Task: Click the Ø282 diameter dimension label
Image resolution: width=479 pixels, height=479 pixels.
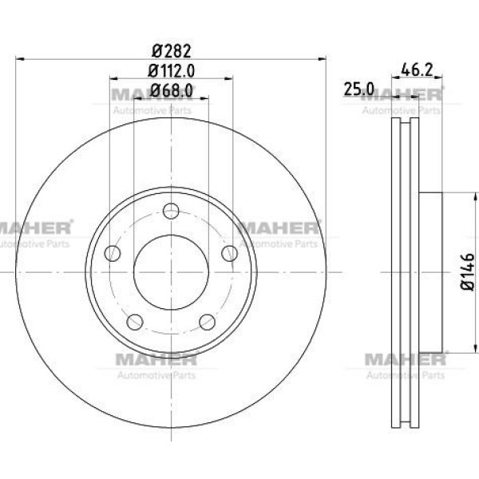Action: pos(172,51)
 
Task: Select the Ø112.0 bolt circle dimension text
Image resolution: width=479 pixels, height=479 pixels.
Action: pos(172,71)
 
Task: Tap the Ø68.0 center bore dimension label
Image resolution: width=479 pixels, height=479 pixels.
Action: pos(172,90)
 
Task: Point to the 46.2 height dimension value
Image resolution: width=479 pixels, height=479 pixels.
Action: pos(417,70)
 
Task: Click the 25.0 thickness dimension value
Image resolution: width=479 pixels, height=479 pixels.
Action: pos(359,89)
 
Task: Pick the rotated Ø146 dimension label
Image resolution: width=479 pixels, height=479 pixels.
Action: pos(468,272)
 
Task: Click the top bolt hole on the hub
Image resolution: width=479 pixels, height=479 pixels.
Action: pos(171,211)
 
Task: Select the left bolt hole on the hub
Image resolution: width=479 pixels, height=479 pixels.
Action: pos(113,253)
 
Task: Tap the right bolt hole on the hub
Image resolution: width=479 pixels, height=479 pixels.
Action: pos(229,253)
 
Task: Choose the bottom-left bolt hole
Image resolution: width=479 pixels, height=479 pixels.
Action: pos(135,322)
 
